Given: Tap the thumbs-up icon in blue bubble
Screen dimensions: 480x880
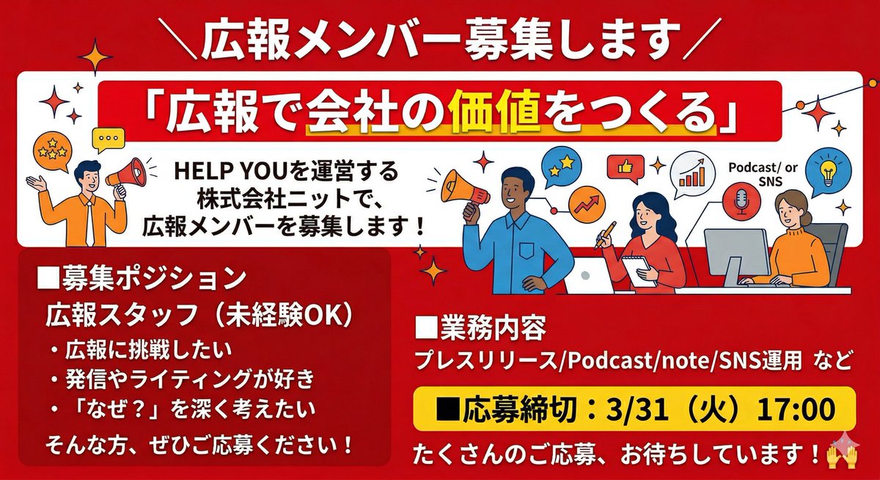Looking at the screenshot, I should [626, 167].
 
